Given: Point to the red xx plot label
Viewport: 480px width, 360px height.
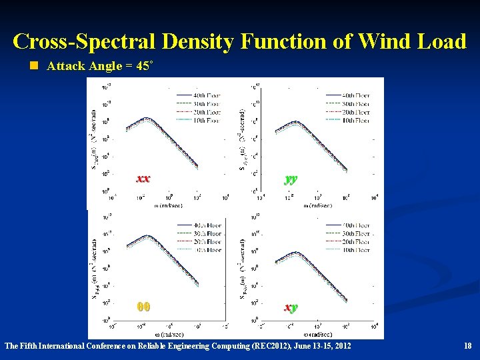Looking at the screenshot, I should click(143, 179).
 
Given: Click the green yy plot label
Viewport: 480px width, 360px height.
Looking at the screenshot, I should click(291, 179).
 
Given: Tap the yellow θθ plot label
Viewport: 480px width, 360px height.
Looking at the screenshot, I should click(143, 307).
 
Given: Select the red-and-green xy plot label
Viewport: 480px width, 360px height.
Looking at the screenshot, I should click(291, 307).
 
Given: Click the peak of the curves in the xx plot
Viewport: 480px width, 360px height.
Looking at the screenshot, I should click(148, 119).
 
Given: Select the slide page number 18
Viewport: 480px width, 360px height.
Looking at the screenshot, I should click(467, 346).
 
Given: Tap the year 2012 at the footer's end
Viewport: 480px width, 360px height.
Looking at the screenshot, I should click(340, 346).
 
